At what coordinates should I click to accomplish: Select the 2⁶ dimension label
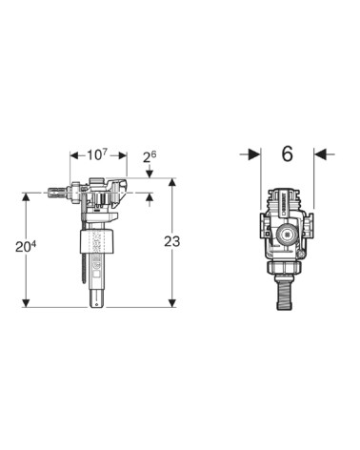click(x=150, y=156)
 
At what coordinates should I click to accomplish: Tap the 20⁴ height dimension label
click(x=26, y=247)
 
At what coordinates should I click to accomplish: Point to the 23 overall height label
click(x=172, y=241)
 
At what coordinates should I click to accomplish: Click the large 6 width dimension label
click(x=288, y=154)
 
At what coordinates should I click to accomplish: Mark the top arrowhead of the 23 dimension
click(x=172, y=182)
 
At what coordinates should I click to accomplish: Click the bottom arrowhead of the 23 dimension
click(x=172, y=303)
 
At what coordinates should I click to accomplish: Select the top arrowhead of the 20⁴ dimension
click(x=26, y=197)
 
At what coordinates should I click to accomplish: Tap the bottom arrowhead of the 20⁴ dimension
click(x=26, y=303)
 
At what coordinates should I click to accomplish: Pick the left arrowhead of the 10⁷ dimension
click(x=74, y=155)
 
